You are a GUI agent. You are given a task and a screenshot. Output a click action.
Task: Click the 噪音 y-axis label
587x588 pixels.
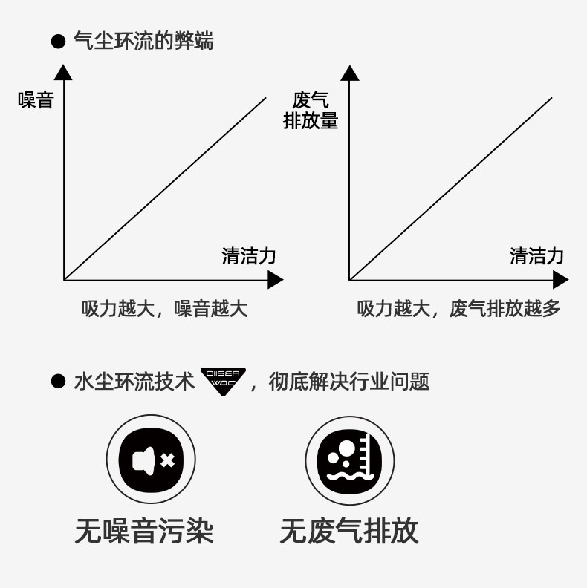point(36,100)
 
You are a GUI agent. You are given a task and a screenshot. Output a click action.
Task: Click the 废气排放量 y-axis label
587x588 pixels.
point(311,110)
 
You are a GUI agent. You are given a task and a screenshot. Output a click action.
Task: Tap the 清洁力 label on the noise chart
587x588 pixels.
point(249,256)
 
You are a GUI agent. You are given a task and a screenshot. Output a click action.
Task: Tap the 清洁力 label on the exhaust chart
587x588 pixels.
point(536,256)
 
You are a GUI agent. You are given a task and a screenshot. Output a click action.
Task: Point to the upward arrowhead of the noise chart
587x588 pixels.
point(64,72)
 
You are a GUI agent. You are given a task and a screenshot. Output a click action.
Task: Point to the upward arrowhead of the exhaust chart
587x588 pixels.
point(350,72)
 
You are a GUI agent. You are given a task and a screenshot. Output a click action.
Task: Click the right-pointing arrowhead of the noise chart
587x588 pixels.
point(275,280)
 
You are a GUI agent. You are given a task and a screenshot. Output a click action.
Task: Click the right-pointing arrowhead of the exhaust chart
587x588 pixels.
point(560,280)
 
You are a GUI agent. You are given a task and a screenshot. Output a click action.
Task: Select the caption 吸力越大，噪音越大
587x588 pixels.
point(164,309)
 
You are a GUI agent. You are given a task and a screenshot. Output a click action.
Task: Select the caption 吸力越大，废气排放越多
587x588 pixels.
point(458,309)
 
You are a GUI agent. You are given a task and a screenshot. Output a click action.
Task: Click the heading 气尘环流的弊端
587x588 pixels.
point(143,42)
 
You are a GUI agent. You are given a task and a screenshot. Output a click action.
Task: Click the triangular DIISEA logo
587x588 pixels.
point(223,380)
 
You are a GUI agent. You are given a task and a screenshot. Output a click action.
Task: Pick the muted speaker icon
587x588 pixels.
point(152,460)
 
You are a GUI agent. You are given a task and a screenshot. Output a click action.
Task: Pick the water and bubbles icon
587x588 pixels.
point(349,460)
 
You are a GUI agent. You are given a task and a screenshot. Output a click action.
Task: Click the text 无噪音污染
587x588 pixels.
point(144,532)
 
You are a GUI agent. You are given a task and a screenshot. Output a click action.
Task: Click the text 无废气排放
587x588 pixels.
point(349,532)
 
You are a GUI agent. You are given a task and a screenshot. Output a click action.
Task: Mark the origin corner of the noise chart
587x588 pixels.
point(65,280)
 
